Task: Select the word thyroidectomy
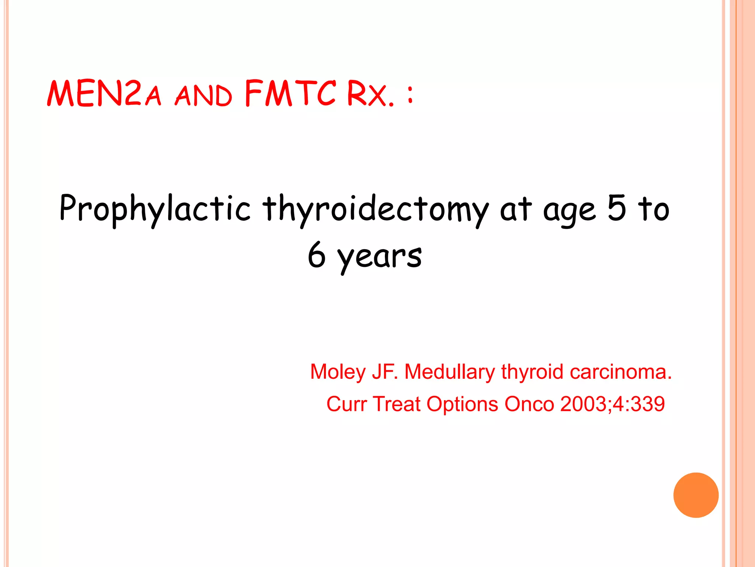pos(375,209)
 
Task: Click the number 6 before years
pos(317,255)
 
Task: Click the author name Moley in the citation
pos(338,372)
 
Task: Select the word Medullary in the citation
pos(450,372)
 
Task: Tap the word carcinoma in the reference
pos(620,372)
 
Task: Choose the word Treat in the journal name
pos(397,404)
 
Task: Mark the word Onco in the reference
pos(529,404)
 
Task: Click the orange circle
pos(696,495)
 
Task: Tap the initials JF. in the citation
pos(385,372)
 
